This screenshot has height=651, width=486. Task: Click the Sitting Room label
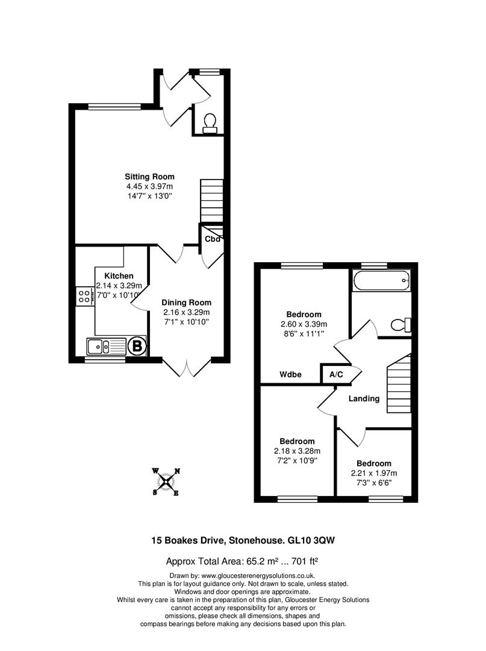tap(149, 177)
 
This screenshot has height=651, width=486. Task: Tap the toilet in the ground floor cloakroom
tap(210, 123)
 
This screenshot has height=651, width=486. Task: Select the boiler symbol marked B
tap(137, 346)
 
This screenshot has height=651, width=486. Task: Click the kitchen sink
tap(98, 346)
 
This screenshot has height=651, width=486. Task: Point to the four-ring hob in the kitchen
tap(84, 295)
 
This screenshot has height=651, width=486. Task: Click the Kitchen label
tap(119, 276)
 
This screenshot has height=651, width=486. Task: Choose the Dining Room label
tap(187, 303)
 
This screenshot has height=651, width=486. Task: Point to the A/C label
tap(335, 374)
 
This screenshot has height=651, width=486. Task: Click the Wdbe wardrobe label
tap(291, 374)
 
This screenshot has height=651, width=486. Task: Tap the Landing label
tap(364, 398)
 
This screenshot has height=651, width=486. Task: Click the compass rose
tap(166, 482)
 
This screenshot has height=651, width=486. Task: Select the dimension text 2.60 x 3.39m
tap(304, 324)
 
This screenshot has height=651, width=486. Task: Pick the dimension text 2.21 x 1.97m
tap(373, 473)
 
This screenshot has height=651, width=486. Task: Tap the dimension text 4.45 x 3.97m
tap(149, 186)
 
